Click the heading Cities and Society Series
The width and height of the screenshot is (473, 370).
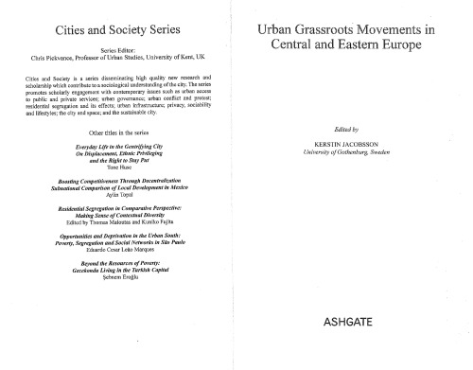coord(119,33)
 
